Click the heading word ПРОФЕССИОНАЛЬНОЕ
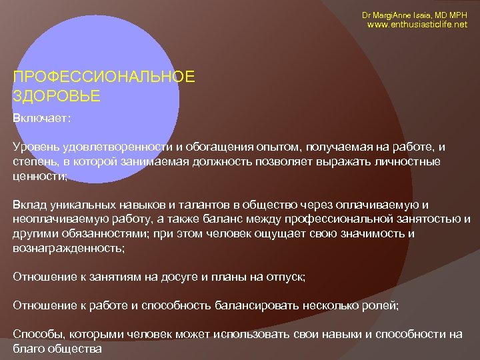pyautogui.click(x=104, y=77)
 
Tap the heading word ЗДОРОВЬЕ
pyautogui.click(x=56, y=96)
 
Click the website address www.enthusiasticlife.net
pyautogui.click(x=418, y=25)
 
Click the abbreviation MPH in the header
pyautogui.click(x=457, y=15)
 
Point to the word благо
pyautogui.click(x=28, y=349)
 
